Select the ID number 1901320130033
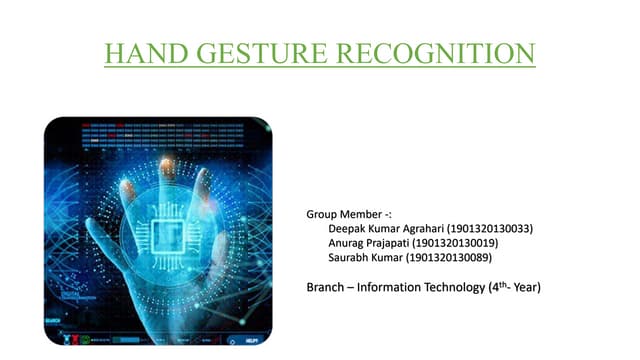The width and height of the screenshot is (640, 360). pos(491,228)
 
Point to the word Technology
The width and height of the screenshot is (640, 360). pos(477,288)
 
